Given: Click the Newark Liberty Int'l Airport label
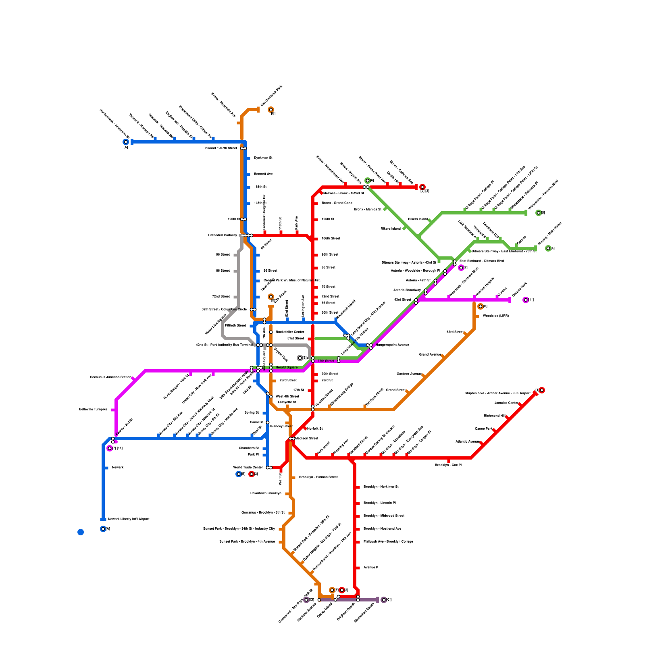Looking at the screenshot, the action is pos(128,519).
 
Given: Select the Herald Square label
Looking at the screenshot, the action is pos(287,368).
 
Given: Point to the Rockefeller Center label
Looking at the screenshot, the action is pos(290,332).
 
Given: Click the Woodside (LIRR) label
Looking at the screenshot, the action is pos(495,316).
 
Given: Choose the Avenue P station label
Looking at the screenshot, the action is pos(370,568).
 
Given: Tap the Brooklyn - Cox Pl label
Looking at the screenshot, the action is pos(448,465).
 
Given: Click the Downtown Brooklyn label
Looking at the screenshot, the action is pos(266,493).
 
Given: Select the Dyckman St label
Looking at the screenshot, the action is pos(263,158).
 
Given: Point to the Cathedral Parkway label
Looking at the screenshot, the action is pos(223,235).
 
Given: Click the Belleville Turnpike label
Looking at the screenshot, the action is pos(93,410).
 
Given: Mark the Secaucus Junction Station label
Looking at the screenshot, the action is pos(110,377).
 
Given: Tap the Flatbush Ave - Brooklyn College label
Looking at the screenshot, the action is pos(388,542).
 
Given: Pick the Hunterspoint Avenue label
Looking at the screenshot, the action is pos(392,345).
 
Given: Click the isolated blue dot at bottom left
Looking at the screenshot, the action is pos(81,532).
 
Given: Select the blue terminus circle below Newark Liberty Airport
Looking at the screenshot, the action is pos(103,529).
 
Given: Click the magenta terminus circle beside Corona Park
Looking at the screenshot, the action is pos(525,300).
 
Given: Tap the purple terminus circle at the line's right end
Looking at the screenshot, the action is pos(383,600).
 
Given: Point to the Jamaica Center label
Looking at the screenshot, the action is pos(506,403).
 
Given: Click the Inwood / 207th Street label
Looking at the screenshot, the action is pos(221,148).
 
